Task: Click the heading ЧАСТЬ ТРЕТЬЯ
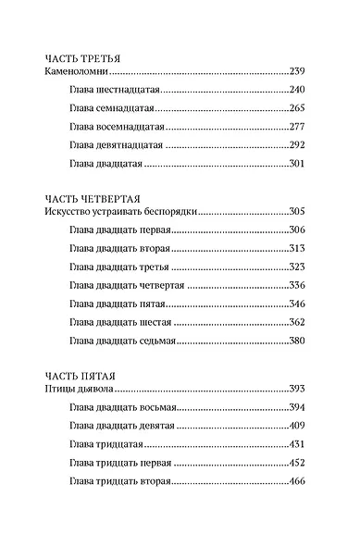83,57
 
